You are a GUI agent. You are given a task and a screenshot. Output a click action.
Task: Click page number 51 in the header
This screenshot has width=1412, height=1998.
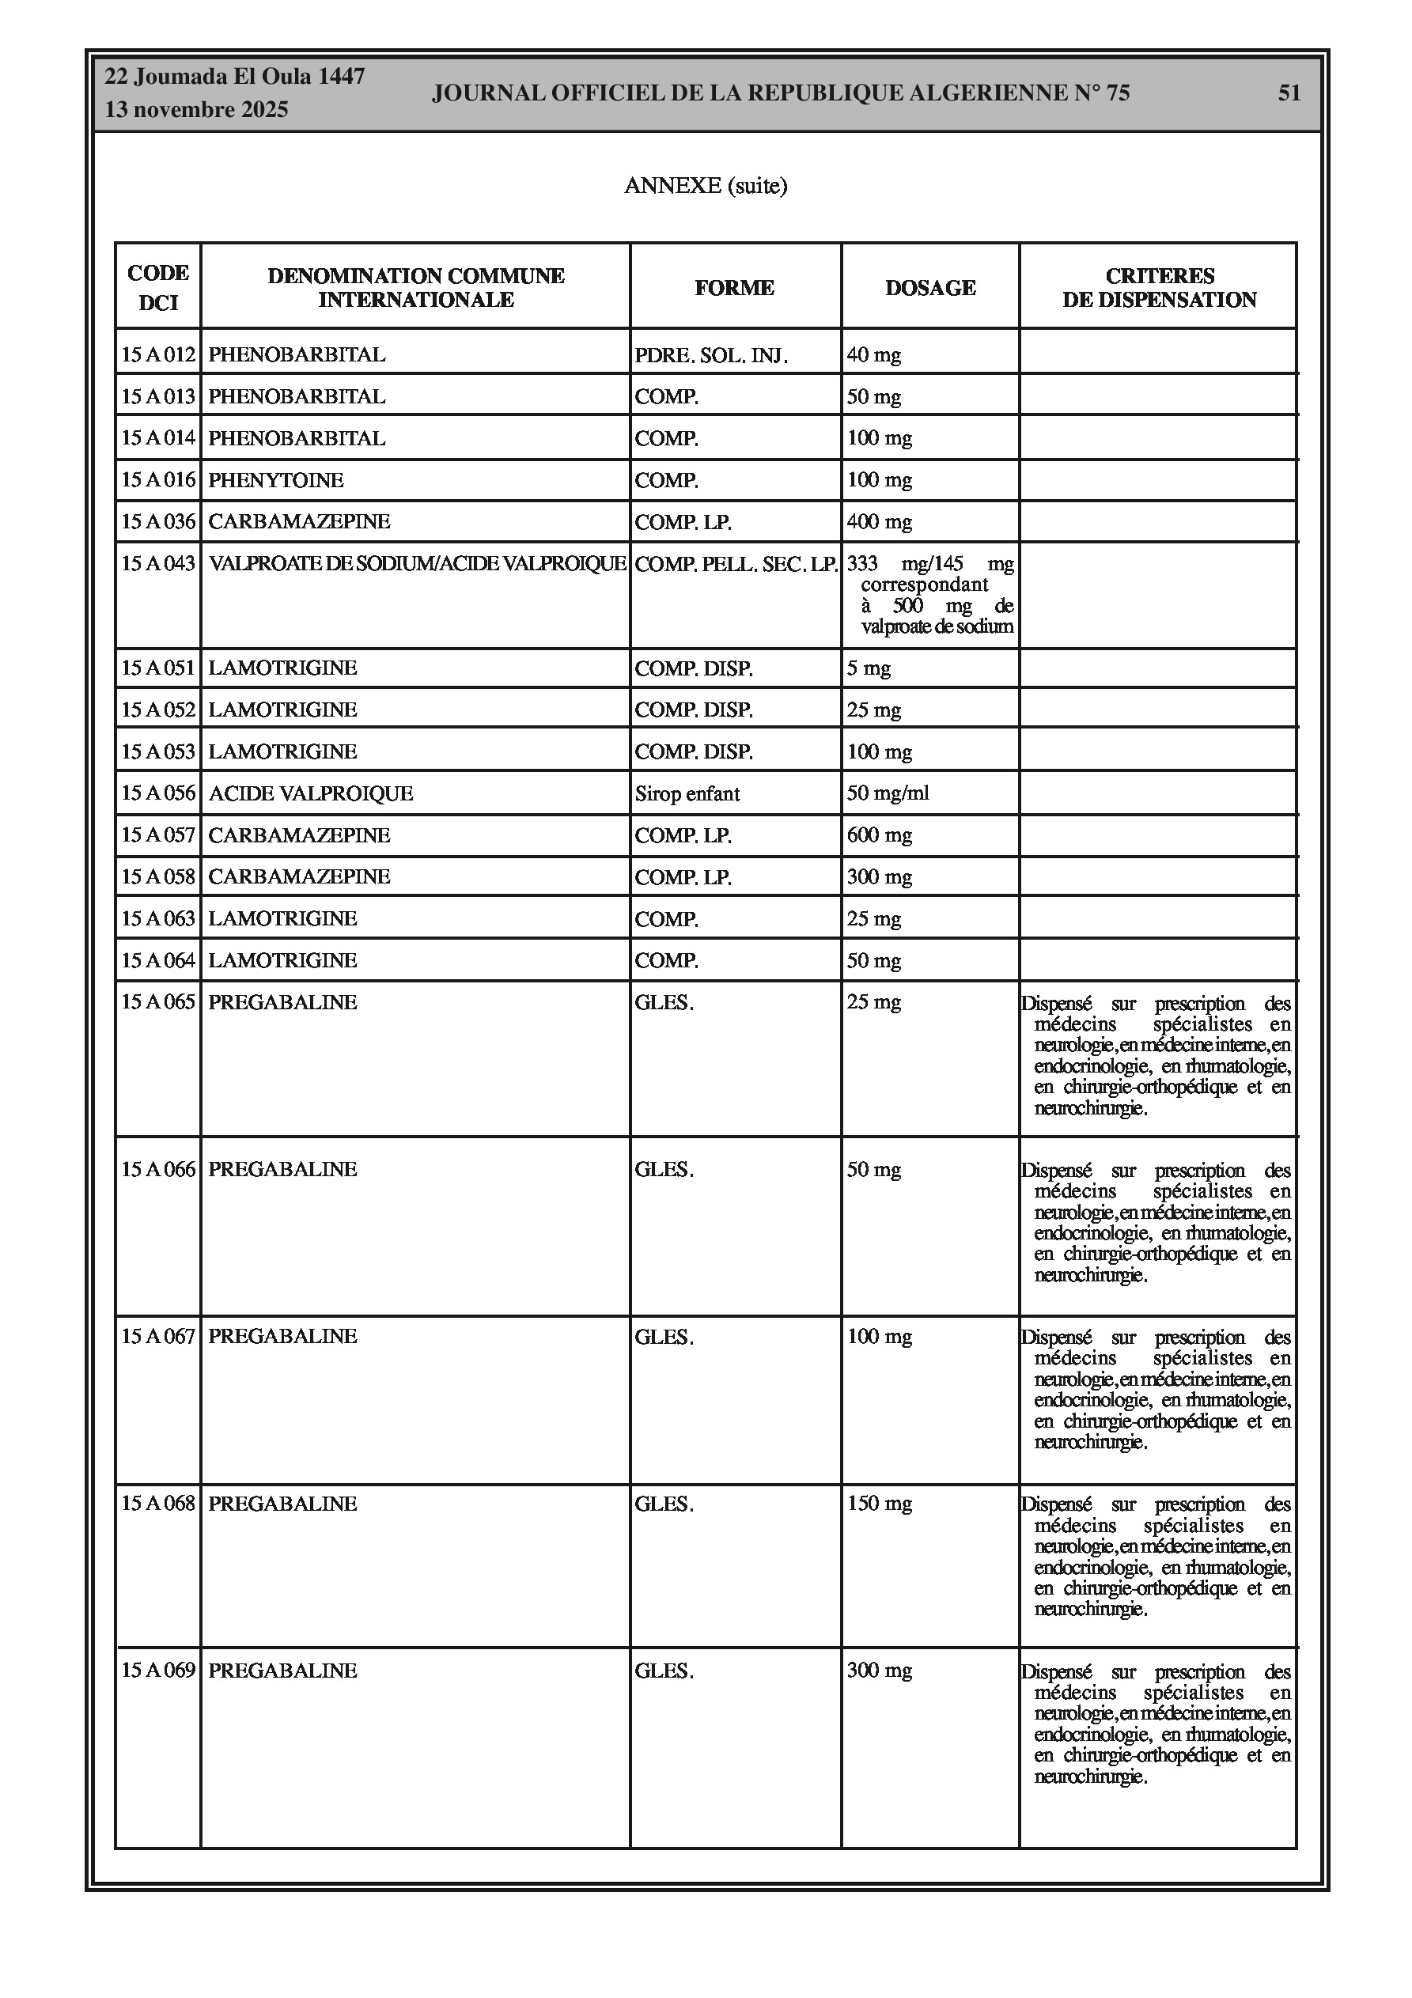pos(1289,93)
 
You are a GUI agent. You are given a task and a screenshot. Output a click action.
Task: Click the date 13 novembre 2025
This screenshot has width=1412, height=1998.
pos(196,110)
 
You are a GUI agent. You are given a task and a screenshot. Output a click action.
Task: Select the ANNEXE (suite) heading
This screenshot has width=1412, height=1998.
pos(705,185)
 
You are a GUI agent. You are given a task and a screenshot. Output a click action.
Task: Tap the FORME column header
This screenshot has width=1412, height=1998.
pos(734,287)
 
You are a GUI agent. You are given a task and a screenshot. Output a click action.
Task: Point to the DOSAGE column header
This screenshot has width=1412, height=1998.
pos(929,287)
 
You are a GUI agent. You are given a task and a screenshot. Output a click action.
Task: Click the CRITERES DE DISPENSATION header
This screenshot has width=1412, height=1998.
pos(1159,287)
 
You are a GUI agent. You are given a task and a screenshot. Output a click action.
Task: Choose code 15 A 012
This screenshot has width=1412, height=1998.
pos(157,354)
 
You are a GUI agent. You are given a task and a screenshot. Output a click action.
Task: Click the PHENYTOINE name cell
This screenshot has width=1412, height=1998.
pos(276,479)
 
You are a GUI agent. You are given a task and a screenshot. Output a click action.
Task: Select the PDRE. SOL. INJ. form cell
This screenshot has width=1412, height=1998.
pos(710,355)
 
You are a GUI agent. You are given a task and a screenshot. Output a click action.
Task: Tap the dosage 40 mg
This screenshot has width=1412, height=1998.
pos(873,354)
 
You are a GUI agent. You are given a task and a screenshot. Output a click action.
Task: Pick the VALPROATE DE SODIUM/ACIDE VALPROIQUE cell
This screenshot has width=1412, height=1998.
pos(417,563)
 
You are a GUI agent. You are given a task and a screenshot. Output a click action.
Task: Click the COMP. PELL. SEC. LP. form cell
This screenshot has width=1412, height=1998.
pos(736,564)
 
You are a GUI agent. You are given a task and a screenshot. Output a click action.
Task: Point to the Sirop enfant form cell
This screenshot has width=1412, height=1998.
pos(687,793)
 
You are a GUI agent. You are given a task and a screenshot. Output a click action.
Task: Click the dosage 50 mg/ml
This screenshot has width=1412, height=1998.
pos(887,793)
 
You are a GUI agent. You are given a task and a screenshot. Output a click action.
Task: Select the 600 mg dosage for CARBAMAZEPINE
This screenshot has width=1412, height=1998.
pos(879,834)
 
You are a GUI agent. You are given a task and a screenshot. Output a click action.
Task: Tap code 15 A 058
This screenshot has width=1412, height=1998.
pos(157,876)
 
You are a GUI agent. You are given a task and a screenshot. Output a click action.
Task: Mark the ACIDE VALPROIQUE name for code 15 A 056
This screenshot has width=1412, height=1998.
pos(310,793)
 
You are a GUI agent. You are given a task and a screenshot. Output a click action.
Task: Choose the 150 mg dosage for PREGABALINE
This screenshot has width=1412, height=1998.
pos(879,1503)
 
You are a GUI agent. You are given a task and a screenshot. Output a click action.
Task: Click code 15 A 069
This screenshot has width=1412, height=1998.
pos(157,1670)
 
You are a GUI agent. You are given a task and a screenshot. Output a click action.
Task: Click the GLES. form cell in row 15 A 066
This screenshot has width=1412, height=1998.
pos(664,1170)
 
